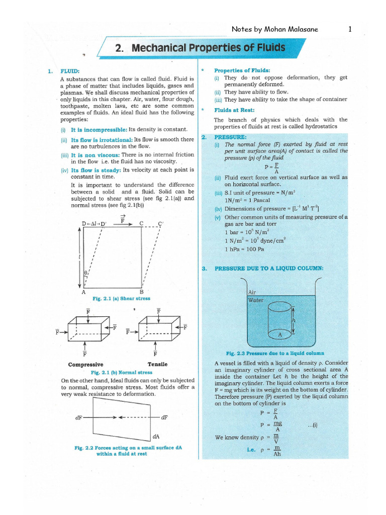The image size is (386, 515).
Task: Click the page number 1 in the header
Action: pos(349,29)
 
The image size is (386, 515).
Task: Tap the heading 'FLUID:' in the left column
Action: pos(70,71)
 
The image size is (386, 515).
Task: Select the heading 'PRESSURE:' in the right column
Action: pos(230,137)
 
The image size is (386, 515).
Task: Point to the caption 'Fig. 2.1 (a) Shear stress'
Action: pos(121,298)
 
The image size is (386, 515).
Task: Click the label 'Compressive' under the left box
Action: pos(85,364)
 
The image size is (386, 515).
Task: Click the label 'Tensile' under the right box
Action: pos(157,364)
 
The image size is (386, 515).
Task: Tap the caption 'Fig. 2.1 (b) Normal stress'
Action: pos(121,373)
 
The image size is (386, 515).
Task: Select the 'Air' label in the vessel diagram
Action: pos(252,292)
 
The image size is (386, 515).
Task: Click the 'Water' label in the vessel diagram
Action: pos(256,300)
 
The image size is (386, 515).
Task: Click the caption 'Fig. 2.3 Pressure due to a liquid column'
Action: pos(275,354)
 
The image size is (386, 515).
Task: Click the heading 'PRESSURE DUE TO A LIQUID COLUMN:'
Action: pos(269,269)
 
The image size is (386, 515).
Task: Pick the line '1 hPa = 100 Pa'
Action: pos(245,249)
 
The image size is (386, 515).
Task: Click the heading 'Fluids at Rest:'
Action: pos(234,110)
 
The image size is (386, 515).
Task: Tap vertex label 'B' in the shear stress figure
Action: pos(141,292)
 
